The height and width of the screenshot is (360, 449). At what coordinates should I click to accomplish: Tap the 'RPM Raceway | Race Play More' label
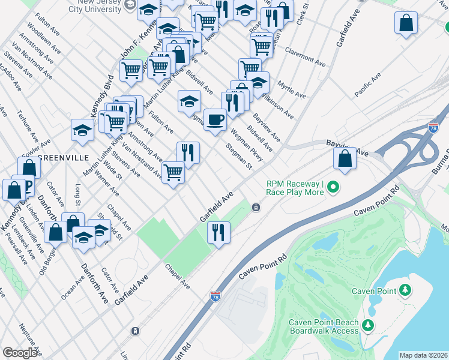pos(295,188)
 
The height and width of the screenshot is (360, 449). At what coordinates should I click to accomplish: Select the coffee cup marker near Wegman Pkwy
pos(215,120)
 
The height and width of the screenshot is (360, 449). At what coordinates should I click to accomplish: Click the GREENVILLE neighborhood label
pos(64,157)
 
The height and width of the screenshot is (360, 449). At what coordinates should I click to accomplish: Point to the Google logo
pos(20,353)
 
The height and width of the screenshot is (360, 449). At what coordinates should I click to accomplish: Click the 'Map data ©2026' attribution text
pos(423,355)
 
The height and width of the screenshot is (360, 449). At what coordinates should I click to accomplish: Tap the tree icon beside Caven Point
pos(406,291)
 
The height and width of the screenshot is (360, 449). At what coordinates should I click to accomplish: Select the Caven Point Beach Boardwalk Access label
pos(324,326)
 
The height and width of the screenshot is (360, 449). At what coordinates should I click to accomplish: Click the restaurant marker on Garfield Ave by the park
pos(218,232)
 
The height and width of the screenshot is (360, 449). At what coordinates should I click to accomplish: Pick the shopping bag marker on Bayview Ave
pos(345,159)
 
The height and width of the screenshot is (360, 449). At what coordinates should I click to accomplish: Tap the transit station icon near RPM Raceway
pos(256,208)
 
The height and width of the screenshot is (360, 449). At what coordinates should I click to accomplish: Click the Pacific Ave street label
pos(368,86)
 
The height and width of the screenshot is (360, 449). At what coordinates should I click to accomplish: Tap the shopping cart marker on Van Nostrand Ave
pos(173,173)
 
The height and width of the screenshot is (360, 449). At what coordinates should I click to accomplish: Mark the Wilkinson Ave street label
pos(280,106)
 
